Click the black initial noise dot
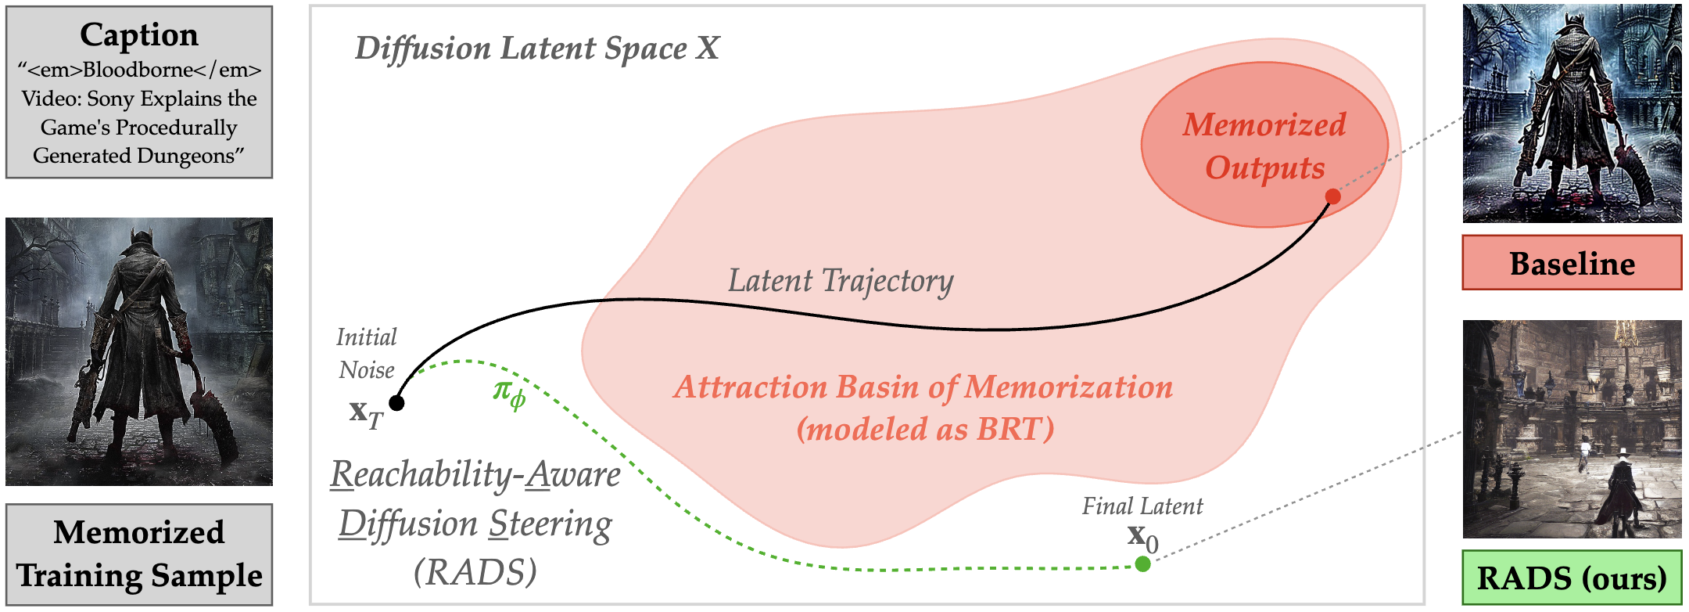[396, 403]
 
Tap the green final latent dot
[1142, 563]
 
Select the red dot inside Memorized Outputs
[1332, 196]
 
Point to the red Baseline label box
[1572, 264]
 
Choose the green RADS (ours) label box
[1572, 578]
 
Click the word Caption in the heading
[139, 35]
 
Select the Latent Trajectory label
[841, 281]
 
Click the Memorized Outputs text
[1264, 146]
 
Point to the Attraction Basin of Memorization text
[923, 387]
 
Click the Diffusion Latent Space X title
[536, 49]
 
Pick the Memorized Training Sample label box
[139, 553]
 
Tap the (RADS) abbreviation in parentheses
[475, 572]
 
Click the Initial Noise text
[366, 353]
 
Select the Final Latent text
[1142, 506]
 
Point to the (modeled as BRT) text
[925, 429]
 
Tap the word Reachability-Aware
[475, 474]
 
